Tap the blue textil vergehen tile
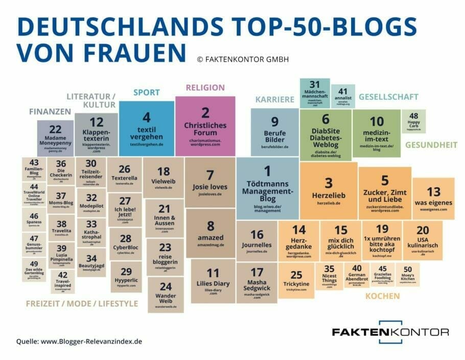[146, 128]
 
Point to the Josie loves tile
[210, 182]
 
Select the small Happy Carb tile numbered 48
[413, 122]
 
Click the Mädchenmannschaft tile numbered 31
[314, 92]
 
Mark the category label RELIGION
[205, 87]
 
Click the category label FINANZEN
[50, 111]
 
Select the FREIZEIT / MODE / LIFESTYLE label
[82, 303]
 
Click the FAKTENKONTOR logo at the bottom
[390, 332]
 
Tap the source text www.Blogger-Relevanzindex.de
[91, 342]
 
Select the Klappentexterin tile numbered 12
[96, 134]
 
